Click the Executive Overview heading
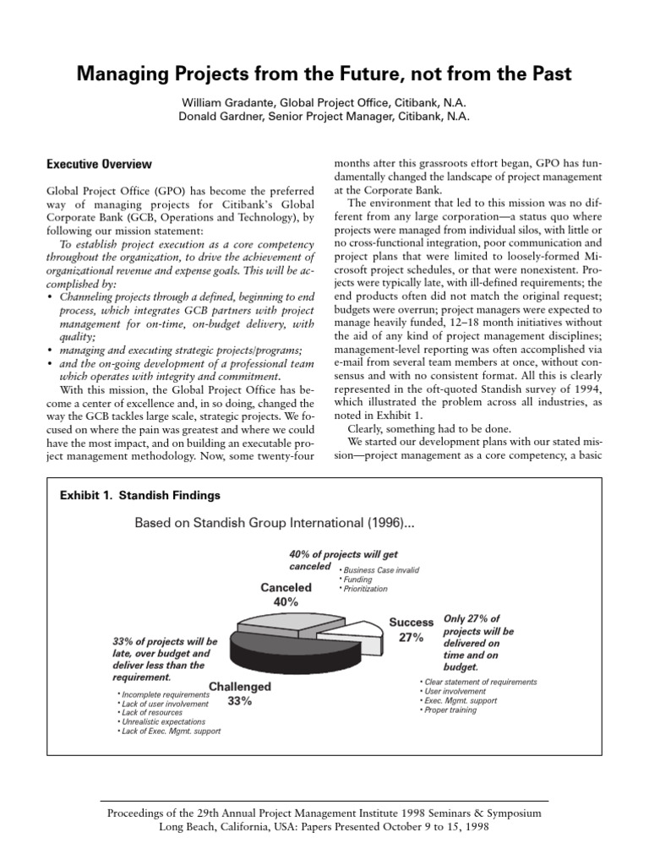pyautogui.click(x=99, y=164)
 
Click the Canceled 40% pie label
pyautogui.click(x=286, y=595)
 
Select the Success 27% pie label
pyautogui.click(x=411, y=630)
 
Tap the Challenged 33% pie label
pyautogui.click(x=240, y=694)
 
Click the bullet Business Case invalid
pyautogui.click(x=380, y=570)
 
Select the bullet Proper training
pyautogui.click(x=450, y=710)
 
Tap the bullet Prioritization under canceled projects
pyautogui.click(x=364, y=589)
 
